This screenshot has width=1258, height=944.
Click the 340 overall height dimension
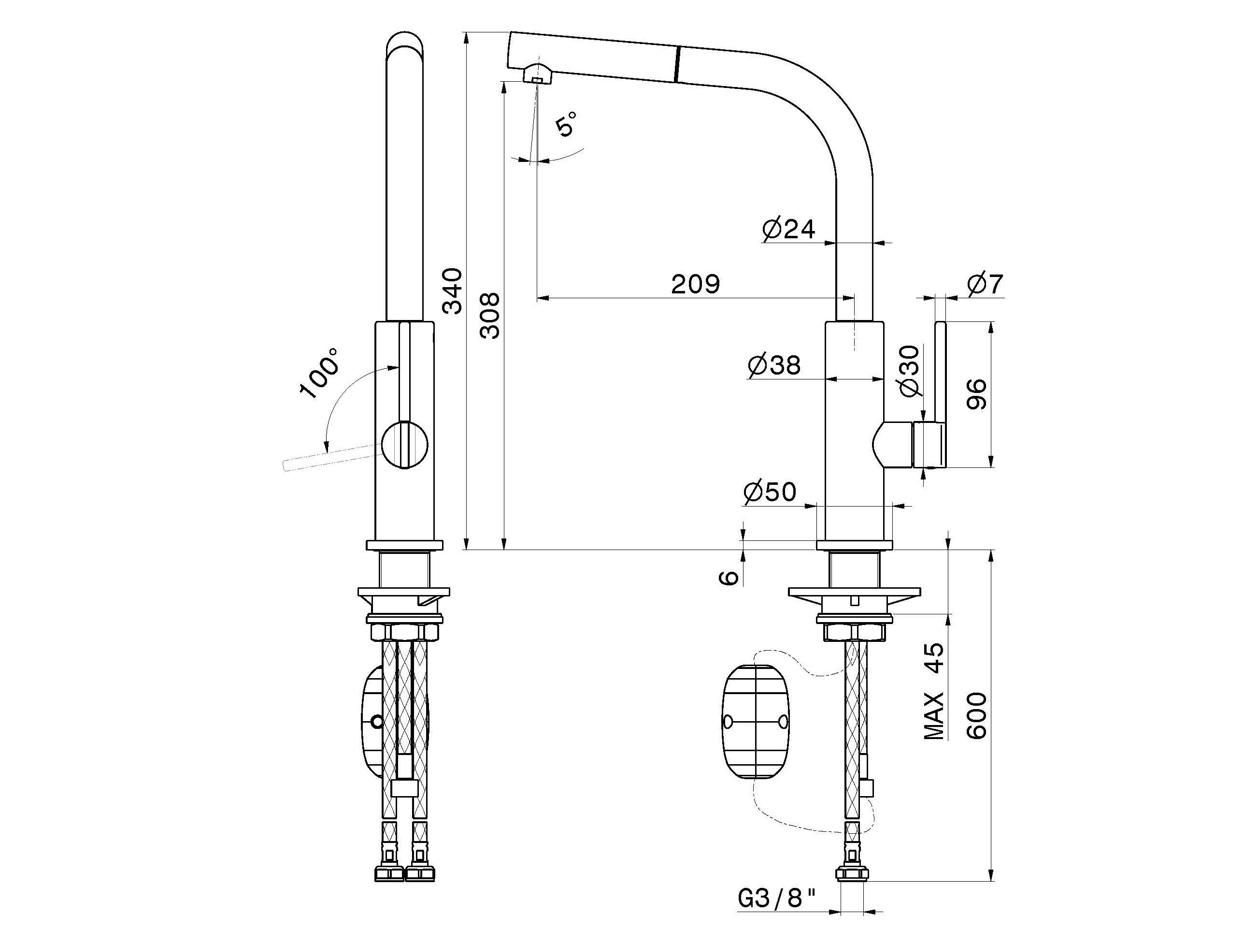(453, 291)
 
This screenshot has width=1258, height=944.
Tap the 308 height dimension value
(490, 316)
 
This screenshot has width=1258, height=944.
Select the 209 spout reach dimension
(696, 284)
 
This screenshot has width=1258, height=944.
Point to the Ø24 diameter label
(789, 229)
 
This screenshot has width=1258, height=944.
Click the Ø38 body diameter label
(774, 365)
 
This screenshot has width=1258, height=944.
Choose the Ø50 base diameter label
(770, 492)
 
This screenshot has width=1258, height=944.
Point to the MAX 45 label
(934, 691)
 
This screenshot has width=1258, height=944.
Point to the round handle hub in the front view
(404, 446)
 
